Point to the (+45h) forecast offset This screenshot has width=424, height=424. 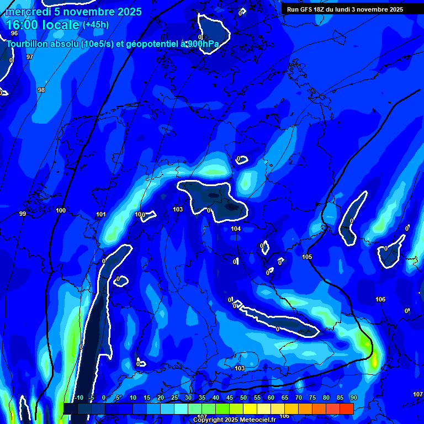(x=96, y=25)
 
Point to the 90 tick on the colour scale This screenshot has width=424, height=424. (x=354, y=398)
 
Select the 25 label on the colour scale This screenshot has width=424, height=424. (x=174, y=398)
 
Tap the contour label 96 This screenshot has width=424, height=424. (x=14, y=49)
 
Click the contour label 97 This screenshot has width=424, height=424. (x=30, y=57)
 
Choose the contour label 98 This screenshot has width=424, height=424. (x=41, y=90)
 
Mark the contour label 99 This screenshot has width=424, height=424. (x=23, y=214)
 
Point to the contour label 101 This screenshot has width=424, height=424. (x=101, y=214)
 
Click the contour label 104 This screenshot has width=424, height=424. (x=236, y=229)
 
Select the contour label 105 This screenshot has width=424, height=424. (x=307, y=257)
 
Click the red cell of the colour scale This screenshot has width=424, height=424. (x=346, y=409)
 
